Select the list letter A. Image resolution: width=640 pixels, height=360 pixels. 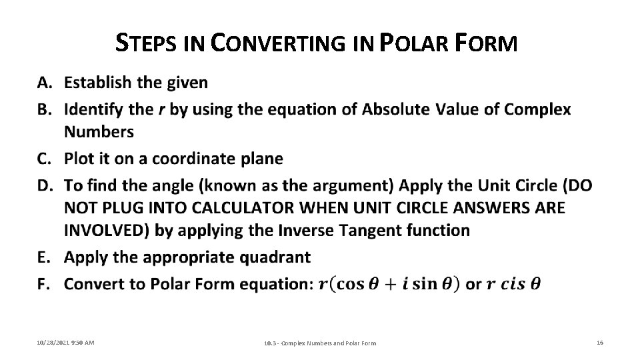pos(44,83)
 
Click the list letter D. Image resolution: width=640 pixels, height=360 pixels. pos(44,185)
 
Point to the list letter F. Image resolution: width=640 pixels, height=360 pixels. pos(44,285)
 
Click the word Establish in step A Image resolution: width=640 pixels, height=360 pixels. pos(97,83)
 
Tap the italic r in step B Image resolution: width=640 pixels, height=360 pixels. pos(162,109)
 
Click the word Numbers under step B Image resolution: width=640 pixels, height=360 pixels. pos(99,131)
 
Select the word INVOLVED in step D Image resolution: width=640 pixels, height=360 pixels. pos(105,230)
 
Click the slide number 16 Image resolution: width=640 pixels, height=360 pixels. pos(600,342)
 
